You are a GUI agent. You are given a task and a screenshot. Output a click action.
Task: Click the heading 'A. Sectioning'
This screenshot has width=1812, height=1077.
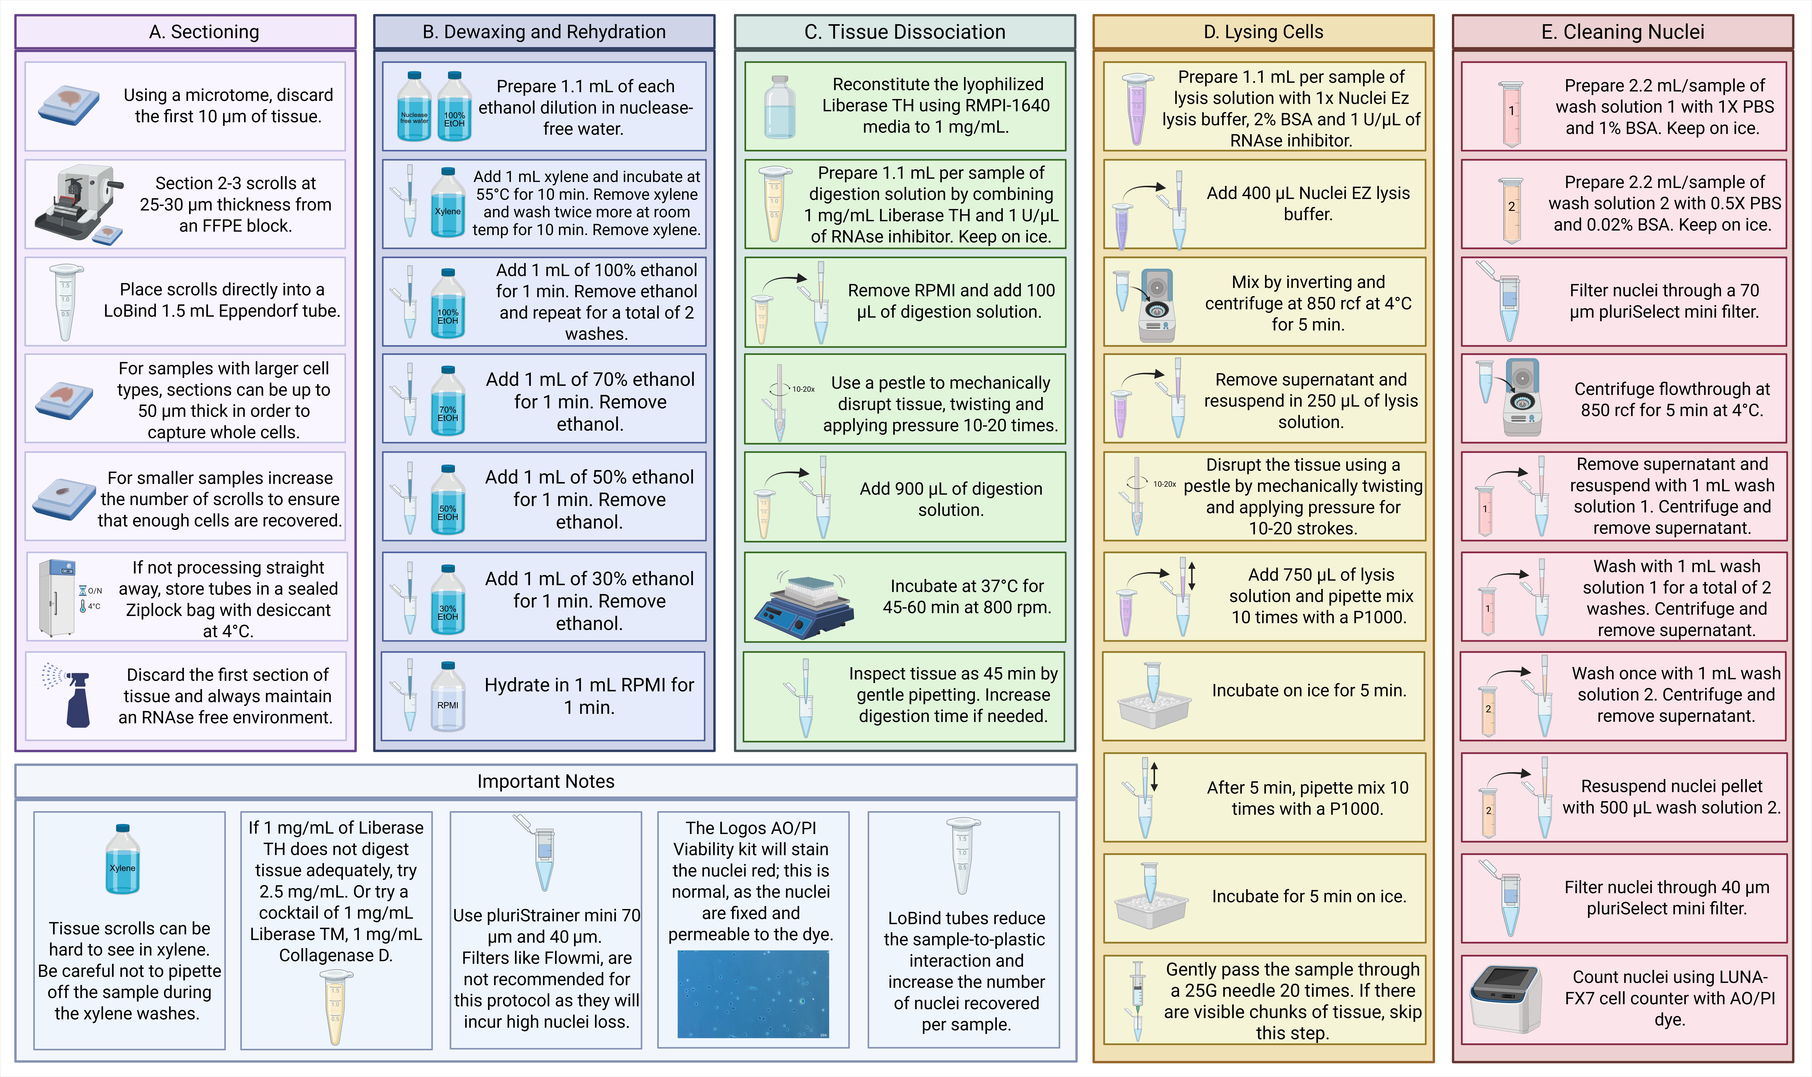tap(204, 32)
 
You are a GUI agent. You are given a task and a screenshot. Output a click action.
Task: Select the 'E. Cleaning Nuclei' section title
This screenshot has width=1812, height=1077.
tap(1623, 32)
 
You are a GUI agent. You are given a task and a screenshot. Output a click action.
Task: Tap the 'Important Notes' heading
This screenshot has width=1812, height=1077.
tap(546, 782)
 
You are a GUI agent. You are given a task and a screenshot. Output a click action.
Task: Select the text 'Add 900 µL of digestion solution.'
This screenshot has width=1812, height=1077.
tap(951, 499)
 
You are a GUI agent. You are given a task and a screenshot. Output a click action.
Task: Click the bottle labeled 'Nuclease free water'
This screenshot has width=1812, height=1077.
tap(414, 106)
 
